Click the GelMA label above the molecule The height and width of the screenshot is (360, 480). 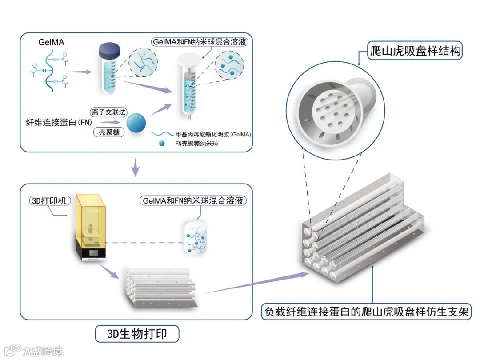(x=51, y=43)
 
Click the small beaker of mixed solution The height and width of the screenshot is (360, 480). (x=196, y=237)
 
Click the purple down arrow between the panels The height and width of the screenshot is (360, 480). (x=136, y=168)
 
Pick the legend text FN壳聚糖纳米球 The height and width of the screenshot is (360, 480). (x=196, y=144)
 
